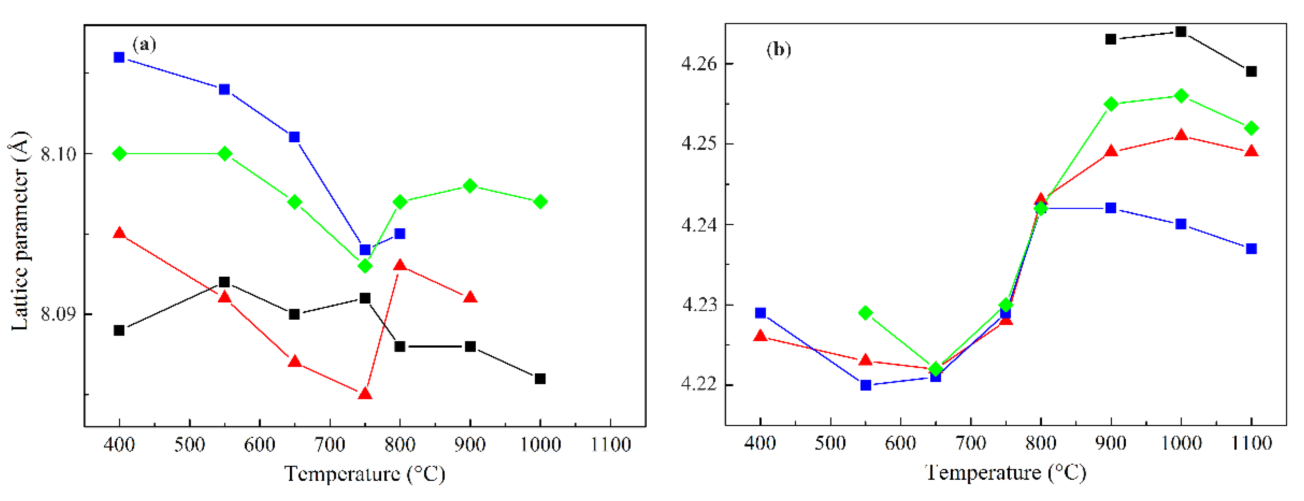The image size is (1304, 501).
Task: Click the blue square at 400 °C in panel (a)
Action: pos(119,57)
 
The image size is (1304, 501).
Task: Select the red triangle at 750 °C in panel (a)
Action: pos(364,394)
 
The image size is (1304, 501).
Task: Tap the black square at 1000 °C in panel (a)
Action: pos(540,379)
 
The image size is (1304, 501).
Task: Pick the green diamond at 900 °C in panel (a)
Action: pos(470,186)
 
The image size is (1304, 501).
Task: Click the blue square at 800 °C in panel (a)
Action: pos(400,233)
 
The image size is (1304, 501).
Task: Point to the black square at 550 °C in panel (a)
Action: pos(224,282)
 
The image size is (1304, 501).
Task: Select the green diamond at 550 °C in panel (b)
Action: pos(866,313)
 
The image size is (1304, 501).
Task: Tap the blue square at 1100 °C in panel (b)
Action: pos(1251,249)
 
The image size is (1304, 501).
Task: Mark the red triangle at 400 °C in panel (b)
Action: pos(761,336)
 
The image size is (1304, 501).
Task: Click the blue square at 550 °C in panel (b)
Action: pos(866,385)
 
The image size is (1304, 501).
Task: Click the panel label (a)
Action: pos(144,45)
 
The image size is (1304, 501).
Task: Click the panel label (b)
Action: pos(779,50)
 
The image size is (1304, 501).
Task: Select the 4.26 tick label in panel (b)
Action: pos(699,64)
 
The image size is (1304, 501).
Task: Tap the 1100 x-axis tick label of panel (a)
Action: pos(610,445)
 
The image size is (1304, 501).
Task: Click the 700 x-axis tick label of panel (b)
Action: pos(970,443)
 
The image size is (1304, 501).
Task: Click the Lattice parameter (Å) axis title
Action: pos(20,231)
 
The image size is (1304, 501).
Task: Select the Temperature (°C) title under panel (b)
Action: pos(1005,472)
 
